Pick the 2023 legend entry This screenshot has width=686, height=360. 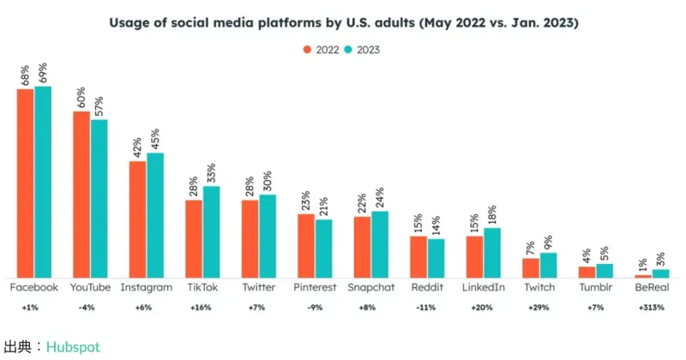pyautogui.click(x=363, y=49)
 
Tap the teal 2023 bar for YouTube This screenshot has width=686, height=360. pyautogui.click(x=99, y=197)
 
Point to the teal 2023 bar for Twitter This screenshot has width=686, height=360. pyautogui.click(x=268, y=235)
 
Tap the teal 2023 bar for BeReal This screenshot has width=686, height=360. pyautogui.click(x=660, y=273)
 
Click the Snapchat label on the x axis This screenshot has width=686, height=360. pyautogui.click(x=371, y=287)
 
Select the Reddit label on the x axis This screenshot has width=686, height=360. pyautogui.click(x=427, y=287)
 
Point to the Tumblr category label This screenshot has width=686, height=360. pyautogui.click(x=595, y=287)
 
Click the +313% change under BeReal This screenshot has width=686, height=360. pyautogui.click(x=652, y=307)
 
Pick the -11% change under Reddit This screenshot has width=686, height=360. pyautogui.click(x=427, y=307)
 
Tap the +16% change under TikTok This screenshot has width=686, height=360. pyautogui.click(x=203, y=307)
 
